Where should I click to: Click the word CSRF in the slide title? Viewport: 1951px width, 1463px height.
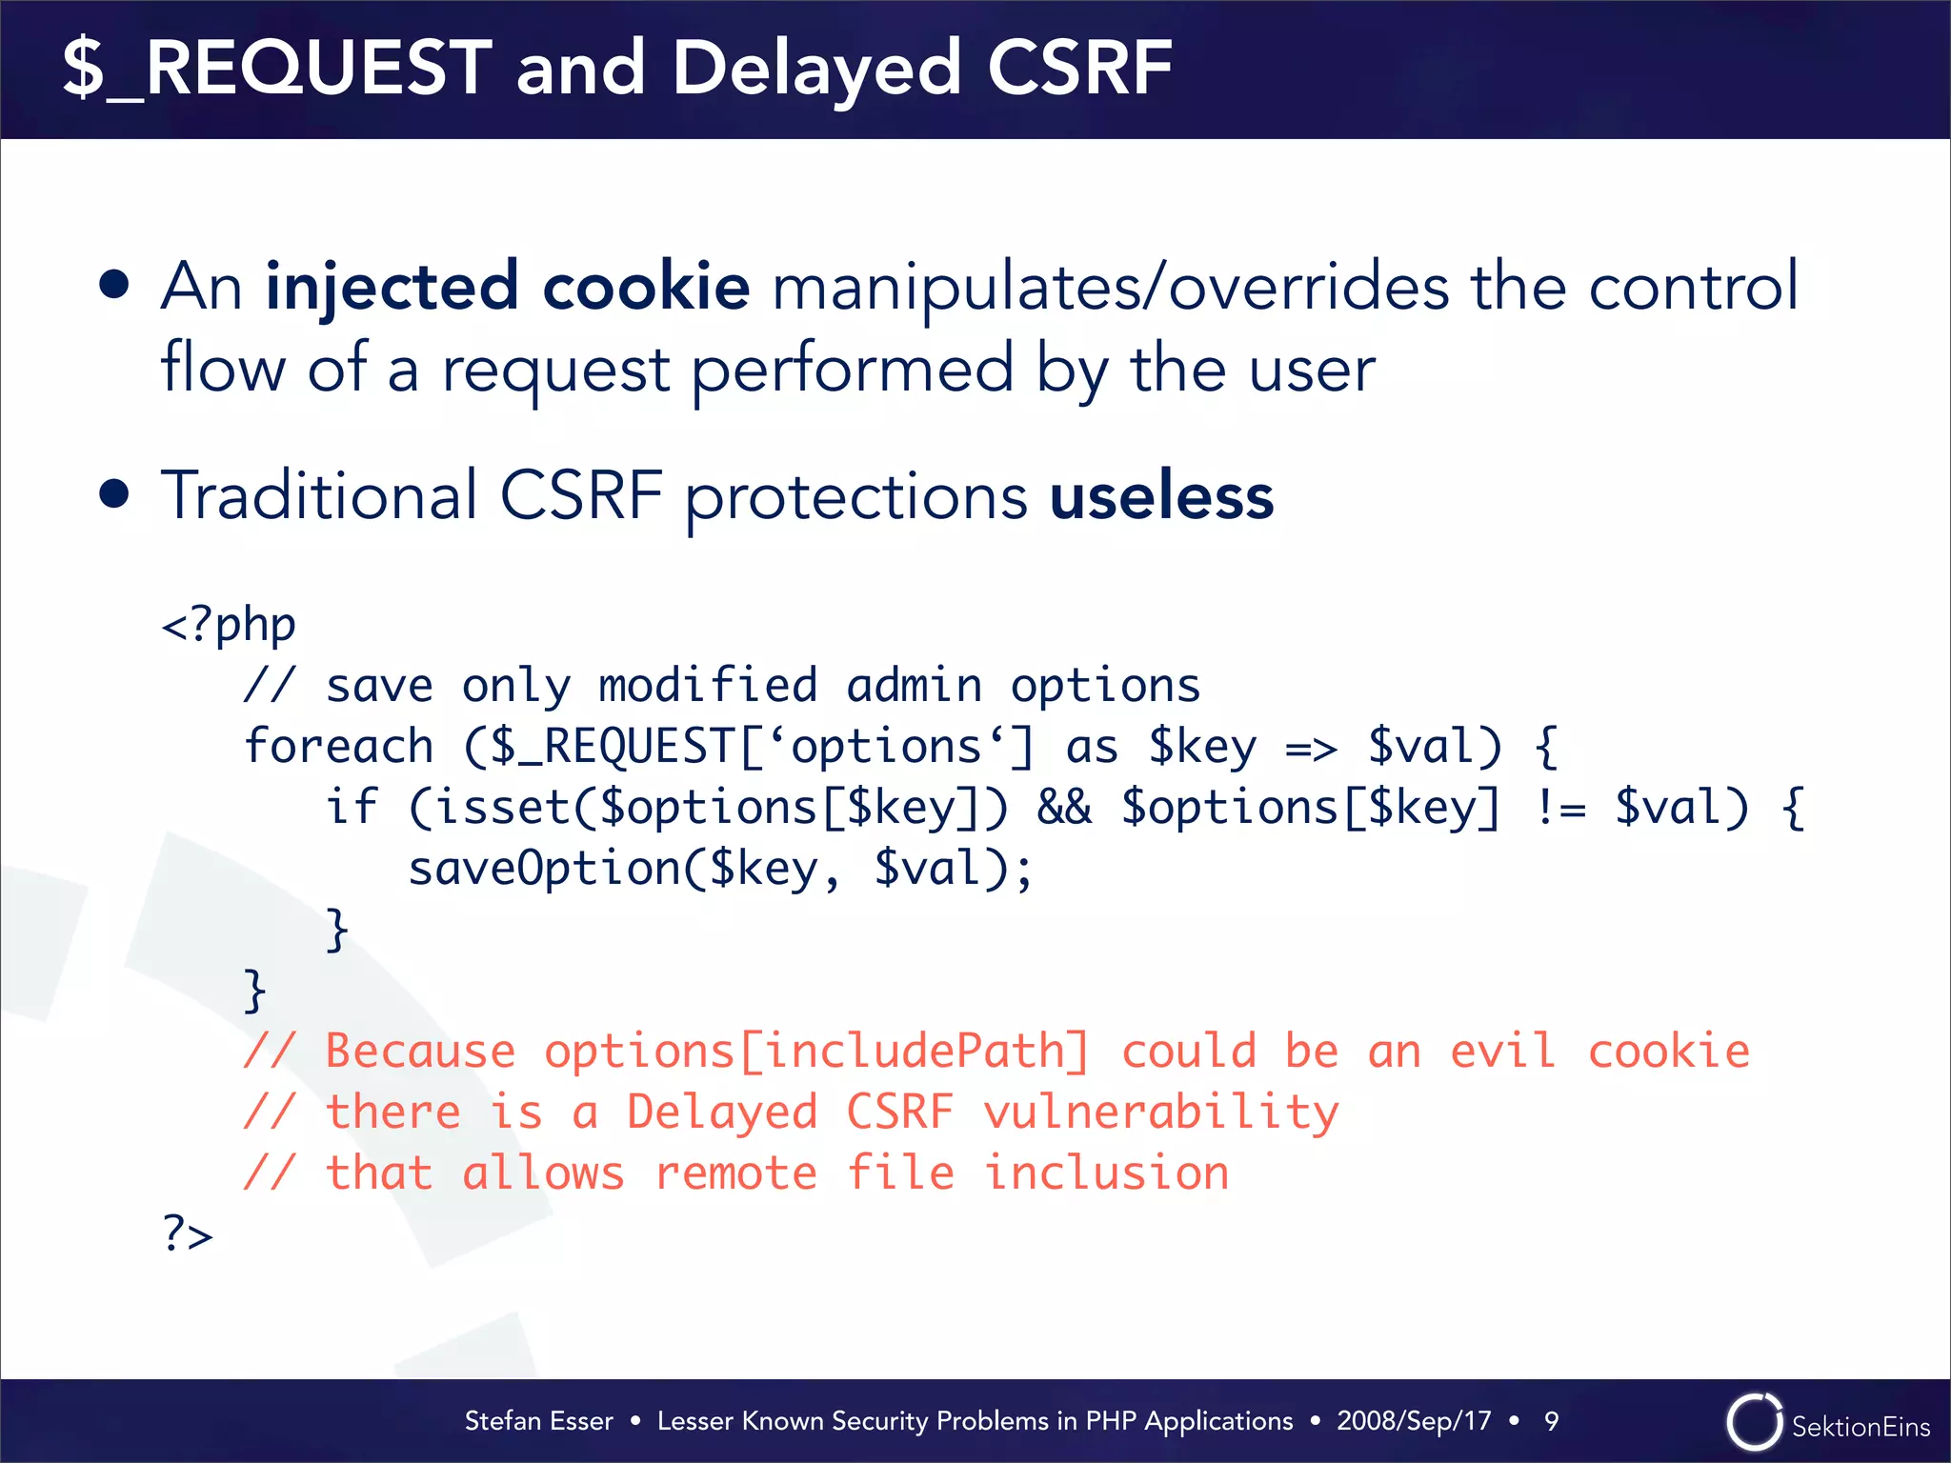pos(1078,69)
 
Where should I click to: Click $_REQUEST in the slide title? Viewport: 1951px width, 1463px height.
pos(277,69)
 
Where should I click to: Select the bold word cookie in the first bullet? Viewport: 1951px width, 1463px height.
pos(646,286)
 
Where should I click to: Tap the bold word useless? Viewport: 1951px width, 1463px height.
pos(1160,497)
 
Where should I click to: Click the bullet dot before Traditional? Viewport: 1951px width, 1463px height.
pos(114,494)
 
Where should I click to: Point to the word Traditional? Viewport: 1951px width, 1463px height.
pos(319,497)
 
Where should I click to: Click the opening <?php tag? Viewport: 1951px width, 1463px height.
pos(229,626)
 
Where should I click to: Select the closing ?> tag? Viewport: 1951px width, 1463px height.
pos(188,1233)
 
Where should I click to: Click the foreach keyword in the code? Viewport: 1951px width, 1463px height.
pos(338,746)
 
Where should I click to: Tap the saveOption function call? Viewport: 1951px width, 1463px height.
pos(543,868)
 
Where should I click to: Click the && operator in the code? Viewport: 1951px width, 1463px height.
pos(1064,808)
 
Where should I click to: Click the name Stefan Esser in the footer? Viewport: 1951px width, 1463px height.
pos(538,1421)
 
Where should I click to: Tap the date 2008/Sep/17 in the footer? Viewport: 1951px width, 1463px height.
pos(1414,1421)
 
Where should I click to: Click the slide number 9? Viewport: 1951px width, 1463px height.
pos(1551,1421)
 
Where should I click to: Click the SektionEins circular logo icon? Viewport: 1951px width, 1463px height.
pos(1753,1422)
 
